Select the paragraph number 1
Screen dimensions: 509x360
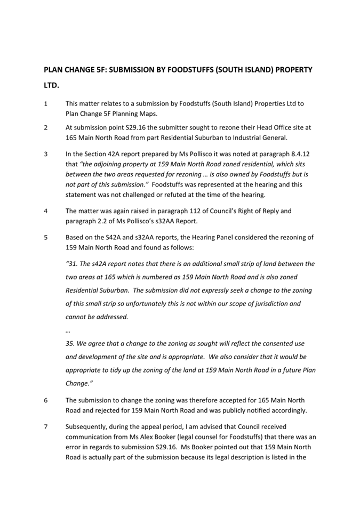[46, 103]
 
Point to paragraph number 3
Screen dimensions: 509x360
[46, 154]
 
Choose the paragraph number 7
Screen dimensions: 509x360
[46, 426]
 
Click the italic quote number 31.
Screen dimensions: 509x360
[71, 263]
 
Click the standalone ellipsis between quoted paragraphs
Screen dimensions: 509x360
[68, 330]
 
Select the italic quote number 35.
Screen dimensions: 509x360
[71, 344]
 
